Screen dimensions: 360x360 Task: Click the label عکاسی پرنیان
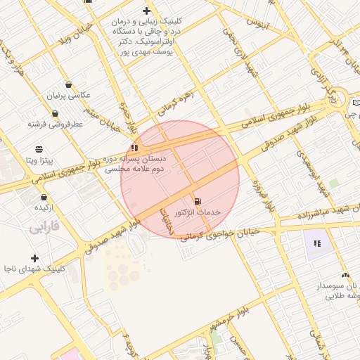click(x=69, y=95)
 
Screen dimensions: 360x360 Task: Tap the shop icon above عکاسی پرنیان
click(x=68, y=84)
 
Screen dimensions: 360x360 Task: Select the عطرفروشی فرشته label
click(x=56, y=124)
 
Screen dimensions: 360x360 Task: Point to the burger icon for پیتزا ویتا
click(x=39, y=148)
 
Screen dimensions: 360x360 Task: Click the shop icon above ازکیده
click(x=44, y=197)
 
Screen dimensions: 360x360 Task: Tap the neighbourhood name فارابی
click(x=46, y=229)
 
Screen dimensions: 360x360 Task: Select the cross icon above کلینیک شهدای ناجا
click(x=35, y=258)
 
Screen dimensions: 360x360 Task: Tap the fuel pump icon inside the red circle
click(x=196, y=201)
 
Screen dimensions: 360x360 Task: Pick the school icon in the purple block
click(x=317, y=243)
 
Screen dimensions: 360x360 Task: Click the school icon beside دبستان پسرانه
click(x=134, y=148)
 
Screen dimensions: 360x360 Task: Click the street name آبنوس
click(x=257, y=23)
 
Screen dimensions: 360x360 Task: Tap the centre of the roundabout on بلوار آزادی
click(x=340, y=99)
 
